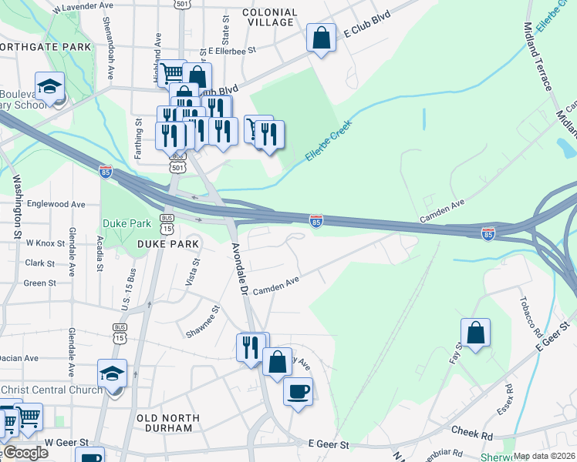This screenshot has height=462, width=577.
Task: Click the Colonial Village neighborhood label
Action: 269,18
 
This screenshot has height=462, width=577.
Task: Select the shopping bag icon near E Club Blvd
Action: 320,38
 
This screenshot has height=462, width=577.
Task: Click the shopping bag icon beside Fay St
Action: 476,333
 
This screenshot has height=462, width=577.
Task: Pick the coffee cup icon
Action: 298,392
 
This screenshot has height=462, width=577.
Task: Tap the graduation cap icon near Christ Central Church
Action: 113,374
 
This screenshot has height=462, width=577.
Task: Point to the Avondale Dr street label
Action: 240,269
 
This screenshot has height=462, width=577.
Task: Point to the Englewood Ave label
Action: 56,205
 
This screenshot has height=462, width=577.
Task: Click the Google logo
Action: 25,453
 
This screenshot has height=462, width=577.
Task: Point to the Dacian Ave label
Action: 19,358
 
